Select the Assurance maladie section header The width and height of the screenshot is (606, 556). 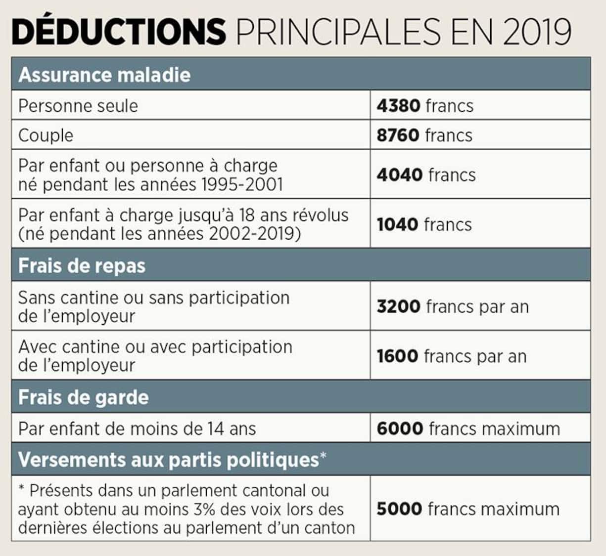[x=104, y=75]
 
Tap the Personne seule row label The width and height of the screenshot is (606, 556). [x=78, y=106]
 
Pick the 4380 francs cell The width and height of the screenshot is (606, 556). [x=425, y=106]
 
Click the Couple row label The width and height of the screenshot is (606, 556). [x=46, y=135]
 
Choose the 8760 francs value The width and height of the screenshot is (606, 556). [x=424, y=135]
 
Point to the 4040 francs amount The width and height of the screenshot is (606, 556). [x=426, y=175]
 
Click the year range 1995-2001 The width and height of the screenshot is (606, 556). [x=242, y=185]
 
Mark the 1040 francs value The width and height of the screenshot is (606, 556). [x=424, y=224]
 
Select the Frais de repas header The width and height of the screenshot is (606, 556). [x=82, y=266]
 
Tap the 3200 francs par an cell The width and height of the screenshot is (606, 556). [x=453, y=307]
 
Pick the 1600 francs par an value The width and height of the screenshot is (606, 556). [x=452, y=356]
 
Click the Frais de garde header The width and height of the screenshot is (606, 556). [x=83, y=397]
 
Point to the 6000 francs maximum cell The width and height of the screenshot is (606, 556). [x=468, y=428]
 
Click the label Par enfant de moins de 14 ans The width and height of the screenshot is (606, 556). [x=137, y=428]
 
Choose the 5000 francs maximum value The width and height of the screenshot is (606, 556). [x=468, y=509]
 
